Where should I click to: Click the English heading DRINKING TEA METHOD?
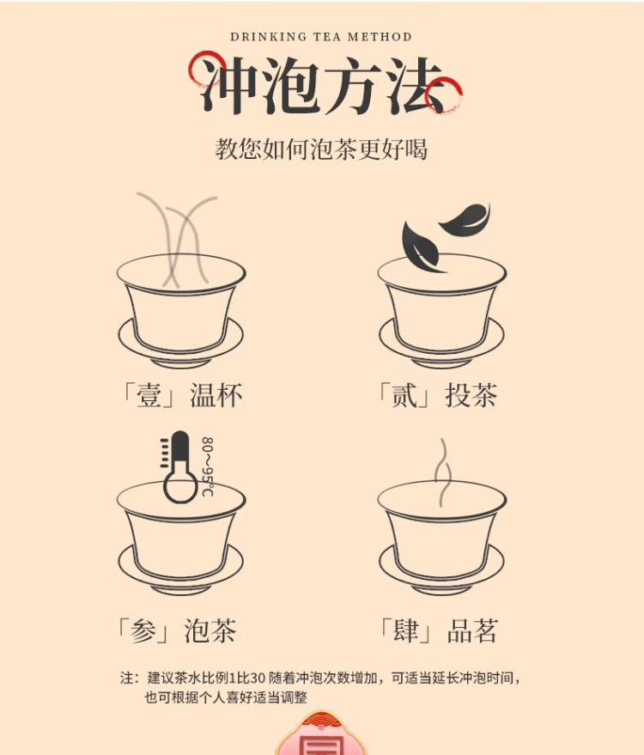click(x=321, y=37)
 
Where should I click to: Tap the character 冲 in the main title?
click(x=229, y=85)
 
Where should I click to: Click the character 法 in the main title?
click(x=415, y=85)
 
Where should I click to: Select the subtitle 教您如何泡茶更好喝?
click(x=321, y=149)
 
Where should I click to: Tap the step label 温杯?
click(x=216, y=395)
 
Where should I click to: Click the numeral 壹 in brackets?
click(x=149, y=395)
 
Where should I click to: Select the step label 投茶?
click(x=471, y=395)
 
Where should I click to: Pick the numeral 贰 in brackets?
click(x=404, y=395)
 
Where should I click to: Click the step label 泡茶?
click(x=210, y=630)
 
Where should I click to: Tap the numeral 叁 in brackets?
click(x=143, y=630)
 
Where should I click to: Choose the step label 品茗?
click(x=472, y=630)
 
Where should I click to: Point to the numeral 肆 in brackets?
click(x=406, y=630)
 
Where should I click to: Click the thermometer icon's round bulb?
click(x=180, y=487)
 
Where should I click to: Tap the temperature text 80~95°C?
click(x=208, y=466)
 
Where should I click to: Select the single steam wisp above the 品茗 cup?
click(x=443, y=472)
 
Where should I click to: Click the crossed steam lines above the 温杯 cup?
click(x=177, y=240)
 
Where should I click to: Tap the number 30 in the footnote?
click(x=258, y=678)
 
